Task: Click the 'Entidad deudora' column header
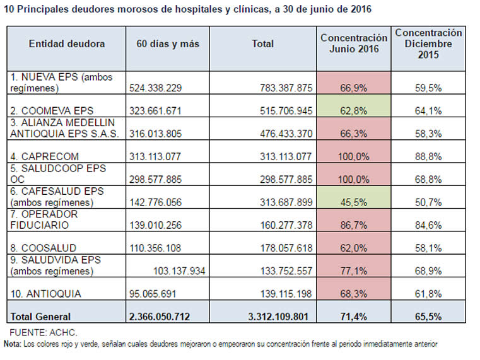(67, 44)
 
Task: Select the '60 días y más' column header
(168, 44)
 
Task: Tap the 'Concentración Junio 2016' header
(354, 44)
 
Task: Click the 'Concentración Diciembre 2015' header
(428, 44)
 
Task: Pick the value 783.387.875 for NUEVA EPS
(286, 88)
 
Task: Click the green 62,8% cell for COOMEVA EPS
(354, 111)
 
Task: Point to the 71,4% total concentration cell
(354, 316)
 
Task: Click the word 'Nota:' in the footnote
(12, 344)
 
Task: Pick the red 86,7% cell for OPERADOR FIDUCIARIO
(354, 226)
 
